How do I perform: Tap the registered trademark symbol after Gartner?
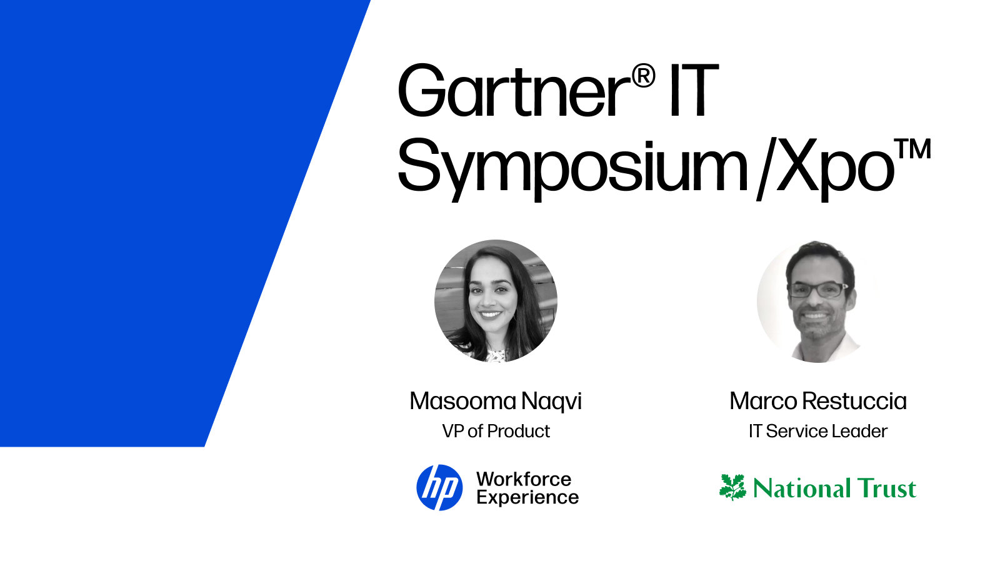point(643,76)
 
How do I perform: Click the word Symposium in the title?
point(572,166)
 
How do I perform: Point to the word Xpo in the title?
point(834,166)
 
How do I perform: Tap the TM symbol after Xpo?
point(913,150)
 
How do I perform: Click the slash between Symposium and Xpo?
point(764,169)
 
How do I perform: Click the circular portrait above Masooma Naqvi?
point(496,301)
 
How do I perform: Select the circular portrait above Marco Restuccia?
point(817,301)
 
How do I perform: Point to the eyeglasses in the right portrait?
point(817,289)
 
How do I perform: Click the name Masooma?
point(462,401)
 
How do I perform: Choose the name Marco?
point(763,401)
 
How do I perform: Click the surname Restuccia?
point(854,401)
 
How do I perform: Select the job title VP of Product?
point(496,431)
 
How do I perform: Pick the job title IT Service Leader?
point(817,431)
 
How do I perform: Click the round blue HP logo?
point(439,487)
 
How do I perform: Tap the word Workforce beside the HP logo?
point(524,479)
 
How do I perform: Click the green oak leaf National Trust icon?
point(732,487)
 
